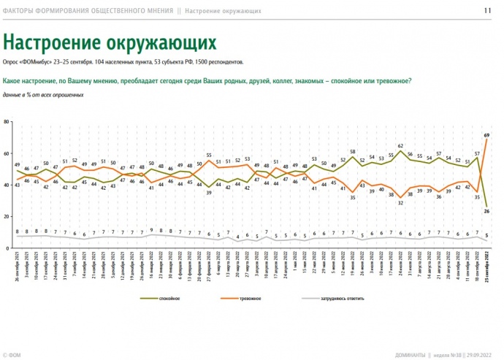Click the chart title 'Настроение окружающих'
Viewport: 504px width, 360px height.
coord(110,40)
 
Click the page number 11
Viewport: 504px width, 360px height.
coord(487,11)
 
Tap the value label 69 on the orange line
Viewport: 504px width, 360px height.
coord(486,136)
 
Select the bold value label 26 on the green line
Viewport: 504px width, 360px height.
coord(486,211)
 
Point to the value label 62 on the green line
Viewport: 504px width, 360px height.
coord(401,146)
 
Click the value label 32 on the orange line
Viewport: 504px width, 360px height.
coord(401,202)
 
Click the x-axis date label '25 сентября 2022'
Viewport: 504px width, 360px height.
coord(486,270)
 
